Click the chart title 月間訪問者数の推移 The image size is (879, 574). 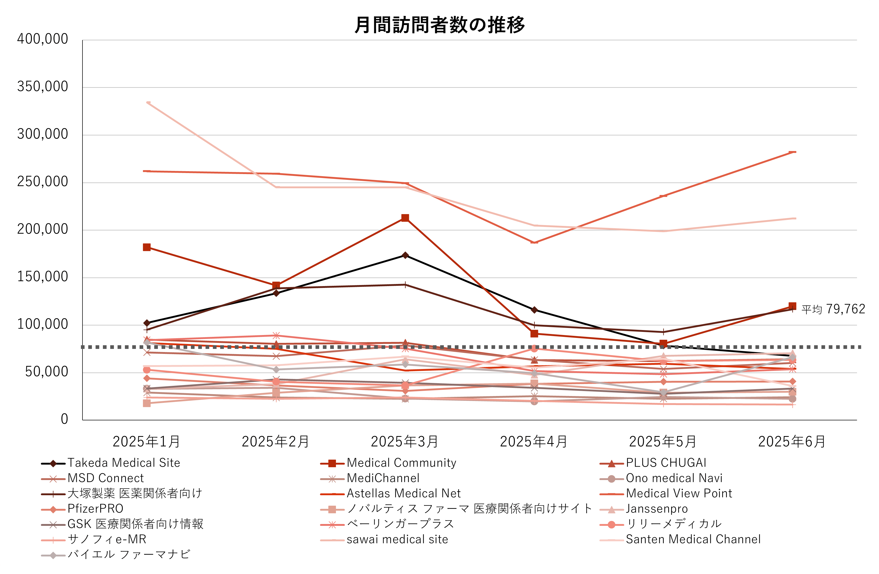point(439,25)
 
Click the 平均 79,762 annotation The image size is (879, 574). point(833,309)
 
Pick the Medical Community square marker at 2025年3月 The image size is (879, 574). point(405,218)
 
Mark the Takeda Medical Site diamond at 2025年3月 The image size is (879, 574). point(405,255)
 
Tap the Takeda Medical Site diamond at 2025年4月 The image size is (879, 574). point(534,310)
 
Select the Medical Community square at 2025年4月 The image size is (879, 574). point(534,334)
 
